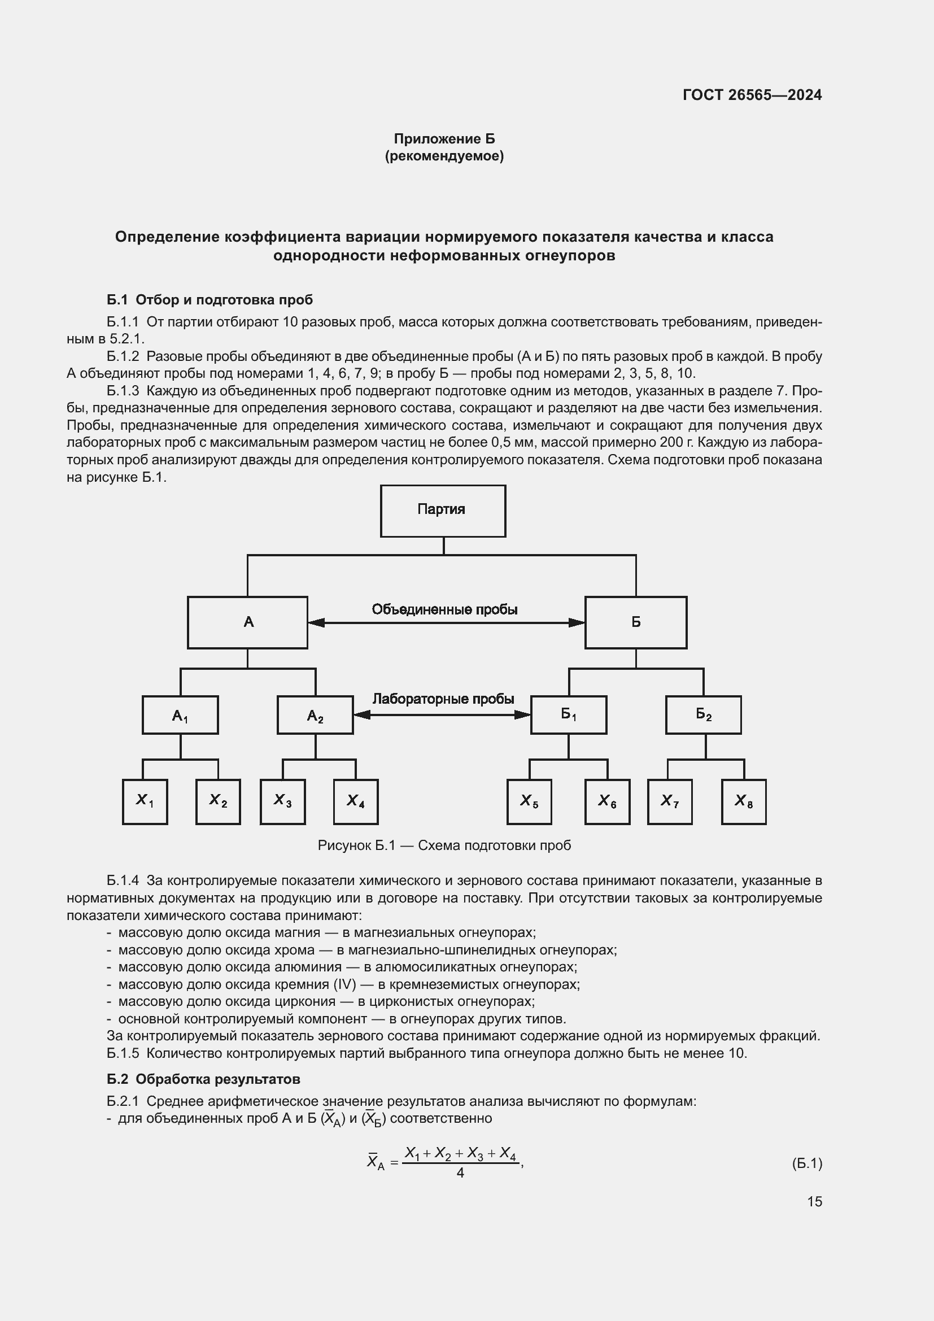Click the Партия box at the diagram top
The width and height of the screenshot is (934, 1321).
pos(442,511)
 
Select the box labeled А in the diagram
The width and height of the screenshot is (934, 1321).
pos(247,622)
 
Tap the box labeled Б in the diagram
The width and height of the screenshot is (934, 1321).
pos(635,622)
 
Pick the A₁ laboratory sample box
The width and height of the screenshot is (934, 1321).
pos(180,714)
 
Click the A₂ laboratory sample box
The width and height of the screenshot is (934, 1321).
pos(315,714)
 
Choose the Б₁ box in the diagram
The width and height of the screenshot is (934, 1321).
pos(568,714)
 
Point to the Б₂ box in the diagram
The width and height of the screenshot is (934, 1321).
pos(703,714)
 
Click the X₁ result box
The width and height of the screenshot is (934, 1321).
pos(145,801)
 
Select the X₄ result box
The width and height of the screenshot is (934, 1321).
pos(355,801)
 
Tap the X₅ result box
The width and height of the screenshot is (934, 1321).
pos(529,801)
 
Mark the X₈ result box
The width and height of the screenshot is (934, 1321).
pos(743,801)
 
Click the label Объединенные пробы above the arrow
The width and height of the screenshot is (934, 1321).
pos(444,609)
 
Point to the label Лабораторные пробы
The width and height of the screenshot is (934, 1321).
pos(443,699)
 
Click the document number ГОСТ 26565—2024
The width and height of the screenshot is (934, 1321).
pos(752,95)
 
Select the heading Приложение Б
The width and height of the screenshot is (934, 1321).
pos(444,139)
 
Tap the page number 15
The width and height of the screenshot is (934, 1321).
pos(814,1201)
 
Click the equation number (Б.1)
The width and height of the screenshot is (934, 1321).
pos(807,1163)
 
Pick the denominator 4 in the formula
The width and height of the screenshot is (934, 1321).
pos(460,1172)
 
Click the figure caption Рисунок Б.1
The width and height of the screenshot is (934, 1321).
pos(444,845)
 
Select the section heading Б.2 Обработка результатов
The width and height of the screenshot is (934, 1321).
pos(204,1079)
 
